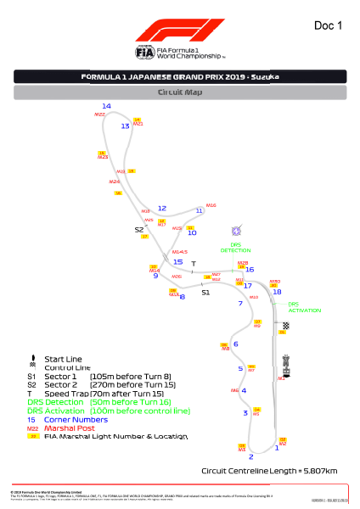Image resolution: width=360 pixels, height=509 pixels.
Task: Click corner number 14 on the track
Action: point(106,106)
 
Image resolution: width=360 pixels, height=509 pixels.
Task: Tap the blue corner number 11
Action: point(200,210)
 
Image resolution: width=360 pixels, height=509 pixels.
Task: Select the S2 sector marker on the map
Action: point(139,229)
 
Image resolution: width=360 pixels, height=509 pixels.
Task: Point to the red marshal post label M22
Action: point(99,114)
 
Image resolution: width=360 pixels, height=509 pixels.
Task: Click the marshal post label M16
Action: point(211,204)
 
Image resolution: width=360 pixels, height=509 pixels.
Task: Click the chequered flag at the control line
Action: point(286,325)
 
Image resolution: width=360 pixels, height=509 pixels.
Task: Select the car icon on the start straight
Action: point(286,363)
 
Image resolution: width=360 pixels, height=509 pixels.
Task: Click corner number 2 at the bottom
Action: point(250,457)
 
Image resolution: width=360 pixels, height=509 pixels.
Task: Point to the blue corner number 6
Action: point(235,343)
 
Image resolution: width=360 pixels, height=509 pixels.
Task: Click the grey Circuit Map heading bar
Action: point(180,92)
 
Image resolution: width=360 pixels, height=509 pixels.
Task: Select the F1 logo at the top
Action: point(180,32)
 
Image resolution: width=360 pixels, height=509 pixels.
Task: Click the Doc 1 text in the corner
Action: point(328,25)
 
